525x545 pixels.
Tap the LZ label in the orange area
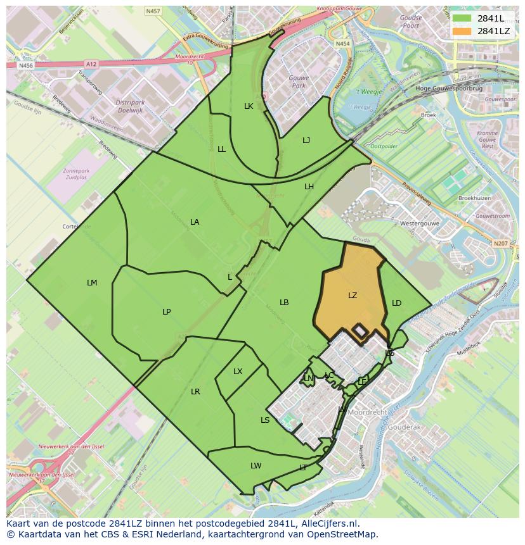point(353,296)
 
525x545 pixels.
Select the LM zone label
point(92,283)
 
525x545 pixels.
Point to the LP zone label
point(166,311)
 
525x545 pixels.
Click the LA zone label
point(195,222)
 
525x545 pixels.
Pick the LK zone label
point(249,106)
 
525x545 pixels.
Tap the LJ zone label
point(306,141)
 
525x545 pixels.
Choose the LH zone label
point(309,187)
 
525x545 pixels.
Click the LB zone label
point(284,303)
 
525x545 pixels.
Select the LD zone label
point(396,303)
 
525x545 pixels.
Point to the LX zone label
point(238,372)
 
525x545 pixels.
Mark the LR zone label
point(195,392)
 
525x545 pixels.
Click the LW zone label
point(256,466)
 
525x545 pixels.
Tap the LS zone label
point(265,420)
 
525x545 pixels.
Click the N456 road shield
point(25,65)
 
